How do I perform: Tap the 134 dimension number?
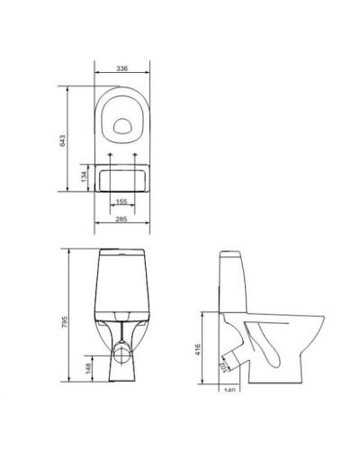point(84,176)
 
